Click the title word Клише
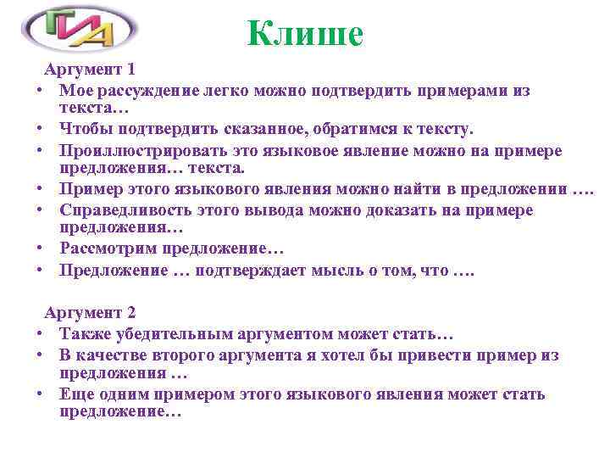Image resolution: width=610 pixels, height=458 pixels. click(x=305, y=33)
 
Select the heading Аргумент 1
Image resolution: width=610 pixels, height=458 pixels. click(x=90, y=70)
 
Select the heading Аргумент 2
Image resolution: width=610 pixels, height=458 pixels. click(x=90, y=313)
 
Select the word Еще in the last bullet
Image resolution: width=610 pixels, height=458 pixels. click(x=75, y=394)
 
